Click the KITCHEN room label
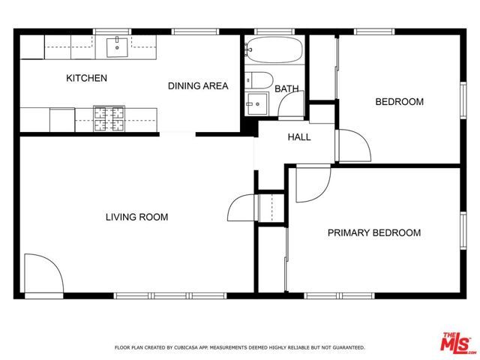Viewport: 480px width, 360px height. pyautogui.click(x=86, y=78)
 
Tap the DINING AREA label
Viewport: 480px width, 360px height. pyautogui.click(x=198, y=86)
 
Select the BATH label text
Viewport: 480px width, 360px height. pyautogui.click(x=286, y=88)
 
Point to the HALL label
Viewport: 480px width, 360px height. pyautogui.click(x=299, y=137)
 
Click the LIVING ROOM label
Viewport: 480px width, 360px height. pyautogui.click(x=136, y=217)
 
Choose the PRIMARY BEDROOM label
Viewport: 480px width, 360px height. pyautogui.click(x=373, y=233)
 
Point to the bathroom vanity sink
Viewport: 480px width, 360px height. pyautogui.click(x=256, y=103)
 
